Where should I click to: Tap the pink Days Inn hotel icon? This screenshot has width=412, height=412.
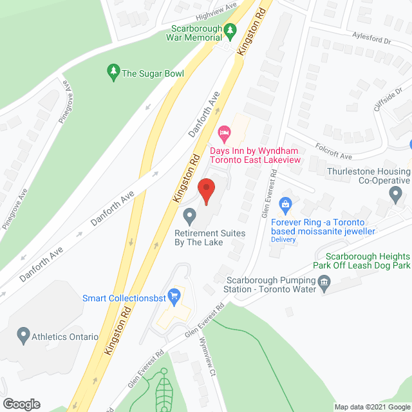pos(224,134)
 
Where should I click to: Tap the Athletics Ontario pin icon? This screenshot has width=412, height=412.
pos(24,335)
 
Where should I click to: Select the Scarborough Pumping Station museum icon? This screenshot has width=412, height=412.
pos(324,281)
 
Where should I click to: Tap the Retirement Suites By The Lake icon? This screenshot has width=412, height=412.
pos(189,214)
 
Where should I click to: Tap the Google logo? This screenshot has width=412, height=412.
pos(21,404)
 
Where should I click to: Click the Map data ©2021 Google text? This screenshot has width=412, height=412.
pos(371,406)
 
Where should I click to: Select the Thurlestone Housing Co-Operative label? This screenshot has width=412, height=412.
pos(368,176)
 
